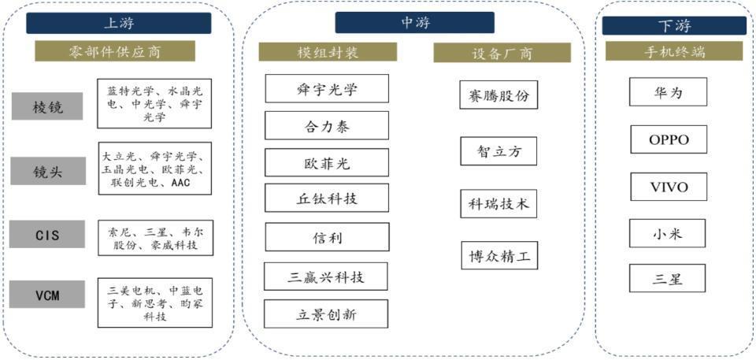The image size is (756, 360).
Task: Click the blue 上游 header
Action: click(118, 23)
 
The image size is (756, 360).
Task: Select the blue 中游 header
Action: click(414, 23)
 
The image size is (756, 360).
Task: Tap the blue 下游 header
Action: click(674, 26)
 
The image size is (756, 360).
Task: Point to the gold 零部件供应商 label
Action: click(114, 51)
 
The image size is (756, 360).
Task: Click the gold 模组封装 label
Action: click(328, 52)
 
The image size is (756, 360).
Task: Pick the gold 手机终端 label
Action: click(673, 53)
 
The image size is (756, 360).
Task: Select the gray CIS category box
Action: click(46, 234)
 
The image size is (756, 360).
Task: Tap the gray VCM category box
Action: click(46, 295)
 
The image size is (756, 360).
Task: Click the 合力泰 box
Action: click(327, 125)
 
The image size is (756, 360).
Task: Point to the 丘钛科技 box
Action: click(327, 199)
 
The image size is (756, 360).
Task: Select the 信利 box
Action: click(327, 236)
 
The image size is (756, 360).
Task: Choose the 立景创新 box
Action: click(327, 314)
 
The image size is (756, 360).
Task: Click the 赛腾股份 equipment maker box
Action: click(498, 95)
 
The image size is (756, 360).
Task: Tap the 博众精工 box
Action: click(498, 255)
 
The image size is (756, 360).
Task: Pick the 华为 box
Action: click(668, 92)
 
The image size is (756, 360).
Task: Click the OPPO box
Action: click(668, 139)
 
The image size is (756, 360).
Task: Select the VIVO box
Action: click(668, 187)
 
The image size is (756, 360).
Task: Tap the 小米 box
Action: click(668, 233)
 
